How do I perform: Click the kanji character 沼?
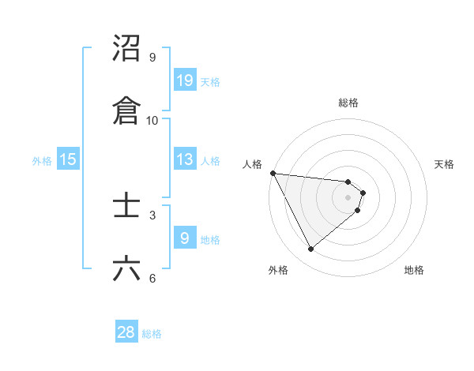coord(127,48)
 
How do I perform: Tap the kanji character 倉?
coord(127,111)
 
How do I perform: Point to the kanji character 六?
coord(127,269)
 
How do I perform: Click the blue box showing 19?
coord(184,81)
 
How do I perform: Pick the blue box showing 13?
coord(184,159)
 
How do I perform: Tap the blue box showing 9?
coord(184,238)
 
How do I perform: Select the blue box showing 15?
coord(68,159)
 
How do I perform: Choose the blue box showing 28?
coord(126,332)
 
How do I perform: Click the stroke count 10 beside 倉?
coord(152,120)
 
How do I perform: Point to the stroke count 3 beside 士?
coord(152,215)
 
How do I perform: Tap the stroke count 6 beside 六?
coord(152,277)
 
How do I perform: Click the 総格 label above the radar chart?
coord(348,103)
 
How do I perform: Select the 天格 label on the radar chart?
coord(445,164)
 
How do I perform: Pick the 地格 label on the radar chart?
coord(414,270)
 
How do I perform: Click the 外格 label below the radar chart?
coord(278,270)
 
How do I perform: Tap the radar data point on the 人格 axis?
coord(273,173)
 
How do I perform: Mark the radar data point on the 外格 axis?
coord(310,249)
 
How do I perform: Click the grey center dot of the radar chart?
coord(348,197)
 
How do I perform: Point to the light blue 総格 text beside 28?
coord(152,334)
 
